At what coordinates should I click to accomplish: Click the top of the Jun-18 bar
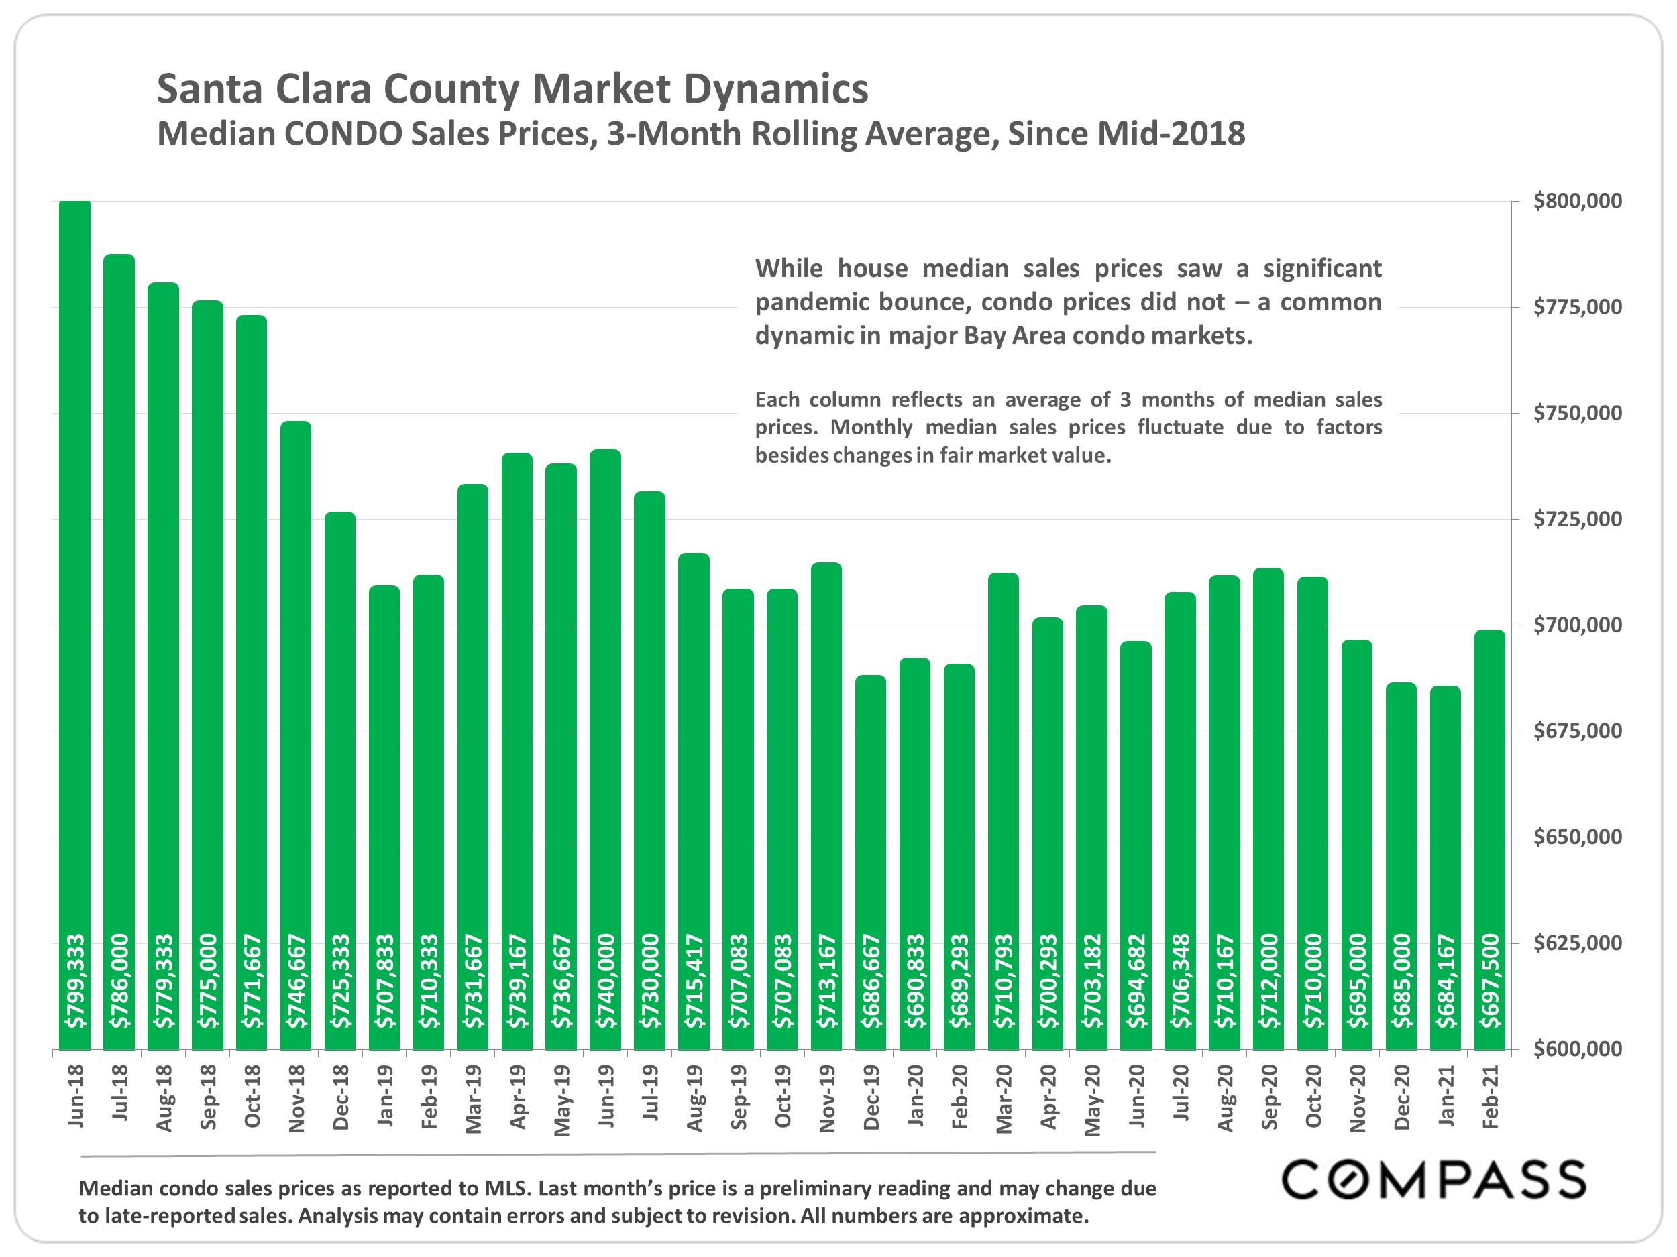coord(74,203)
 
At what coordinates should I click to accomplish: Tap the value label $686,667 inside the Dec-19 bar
coord(871,981)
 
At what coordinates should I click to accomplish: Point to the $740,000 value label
coord(606,981)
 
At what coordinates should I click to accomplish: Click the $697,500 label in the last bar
coord(1491,981)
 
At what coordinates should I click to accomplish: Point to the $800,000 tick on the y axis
coord(1577,202)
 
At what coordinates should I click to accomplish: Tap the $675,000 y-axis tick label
coord(1577,731)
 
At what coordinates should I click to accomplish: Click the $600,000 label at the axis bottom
coord(1577,1049)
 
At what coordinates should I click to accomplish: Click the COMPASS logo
coord(1433,1180)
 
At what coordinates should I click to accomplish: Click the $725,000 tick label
coord(1577,519)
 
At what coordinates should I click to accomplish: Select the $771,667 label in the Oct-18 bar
coord(252,981)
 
